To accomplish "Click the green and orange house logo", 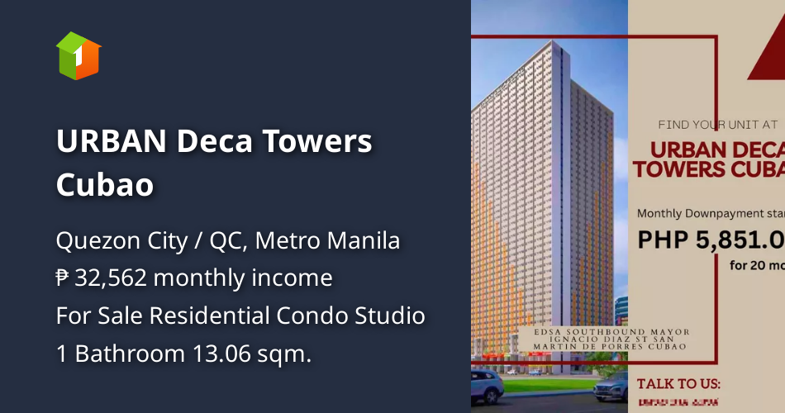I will [x=78, y=55].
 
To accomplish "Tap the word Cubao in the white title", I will [x=105, y=185].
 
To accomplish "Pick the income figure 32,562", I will [x=111, y=278].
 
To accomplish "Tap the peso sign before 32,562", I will [x=63, y=278].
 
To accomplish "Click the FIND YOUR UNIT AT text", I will [x=717, y=125].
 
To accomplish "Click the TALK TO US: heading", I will [x=678, y=383].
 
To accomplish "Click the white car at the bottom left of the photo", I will [x=487, y=384].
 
